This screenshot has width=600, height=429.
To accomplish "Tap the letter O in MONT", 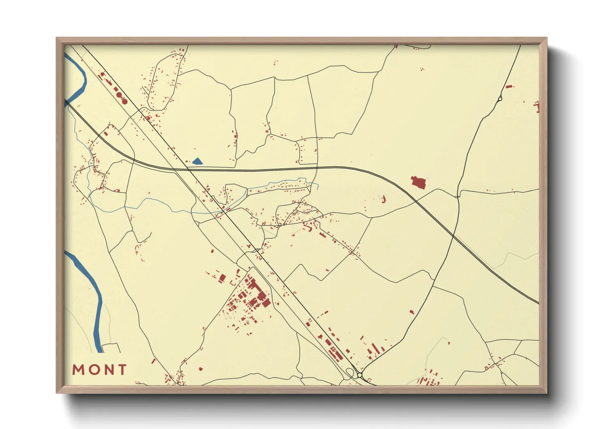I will coord(94,370).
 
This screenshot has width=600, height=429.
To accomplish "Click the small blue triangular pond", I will coord(197,161).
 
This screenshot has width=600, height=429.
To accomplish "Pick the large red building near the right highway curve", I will coord(418,182).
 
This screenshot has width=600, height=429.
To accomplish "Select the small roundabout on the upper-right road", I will coord(500,98).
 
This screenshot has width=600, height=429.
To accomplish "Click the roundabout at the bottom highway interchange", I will coord(360,375).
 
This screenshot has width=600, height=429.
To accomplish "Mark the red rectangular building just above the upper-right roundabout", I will coord(509,86).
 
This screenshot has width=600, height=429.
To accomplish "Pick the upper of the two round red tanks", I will coord(119,95).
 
